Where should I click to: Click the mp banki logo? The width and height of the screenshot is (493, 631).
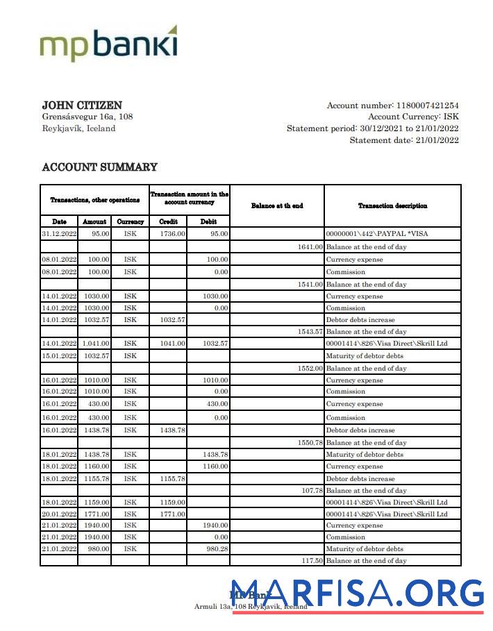click(x=108, y=44)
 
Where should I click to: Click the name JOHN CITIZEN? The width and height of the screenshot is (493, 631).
click(x=82, y=105)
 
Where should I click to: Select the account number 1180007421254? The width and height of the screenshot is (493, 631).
click(x=426, y=106)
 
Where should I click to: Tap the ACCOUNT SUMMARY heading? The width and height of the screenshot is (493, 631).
click(x=99, y=167)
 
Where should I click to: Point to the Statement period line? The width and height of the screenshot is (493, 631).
click(x=373, y=128)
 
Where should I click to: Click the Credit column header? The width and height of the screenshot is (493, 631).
click(x=168, y=221)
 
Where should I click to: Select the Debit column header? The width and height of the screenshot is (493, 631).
click(x=208, y=221)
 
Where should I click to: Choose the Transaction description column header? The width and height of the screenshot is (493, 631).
click(x=392, y=205)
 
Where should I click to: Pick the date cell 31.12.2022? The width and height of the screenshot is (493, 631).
click(x=59, y=234)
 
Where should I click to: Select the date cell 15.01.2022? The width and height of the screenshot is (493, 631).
click(x=59, y=356)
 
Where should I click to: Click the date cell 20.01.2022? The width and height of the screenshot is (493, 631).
click(x=59, y=514)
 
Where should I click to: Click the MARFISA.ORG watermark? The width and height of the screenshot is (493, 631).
click(x=357, y=594)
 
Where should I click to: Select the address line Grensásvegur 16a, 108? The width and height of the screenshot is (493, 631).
click(x=87, y=117)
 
